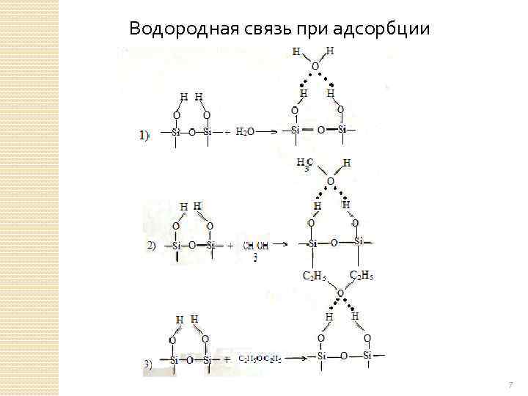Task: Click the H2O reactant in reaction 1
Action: point(246,132)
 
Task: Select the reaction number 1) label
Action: point(144,134)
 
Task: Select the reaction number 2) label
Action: point(152,246)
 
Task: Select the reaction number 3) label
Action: point(149,362)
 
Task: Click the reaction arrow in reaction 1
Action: point(266,132)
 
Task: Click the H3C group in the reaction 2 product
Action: point(305,164)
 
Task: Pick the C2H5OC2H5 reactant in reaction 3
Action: point(260,359)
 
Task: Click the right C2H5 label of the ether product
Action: point(363,275)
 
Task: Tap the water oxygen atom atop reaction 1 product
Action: point(315,66)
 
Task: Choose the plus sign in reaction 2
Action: point(230,245)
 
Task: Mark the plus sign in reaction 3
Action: point(226,359)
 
